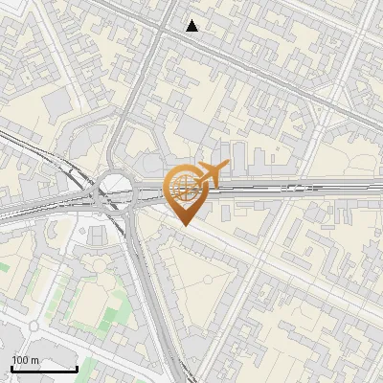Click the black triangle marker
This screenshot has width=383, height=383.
[192, 26]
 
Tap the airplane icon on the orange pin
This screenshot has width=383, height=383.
[211, 173]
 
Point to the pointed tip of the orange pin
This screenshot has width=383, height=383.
[183, 225]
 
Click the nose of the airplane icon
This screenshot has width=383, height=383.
[228, 166]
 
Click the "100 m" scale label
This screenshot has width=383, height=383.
[25, 360]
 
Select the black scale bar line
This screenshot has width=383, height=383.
[44, 369]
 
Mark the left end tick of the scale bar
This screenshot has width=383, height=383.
[11, 368]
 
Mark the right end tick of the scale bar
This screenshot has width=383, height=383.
[77, 368]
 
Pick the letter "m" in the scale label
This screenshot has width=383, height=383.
[34, 360]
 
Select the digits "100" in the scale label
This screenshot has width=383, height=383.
[19, 360]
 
